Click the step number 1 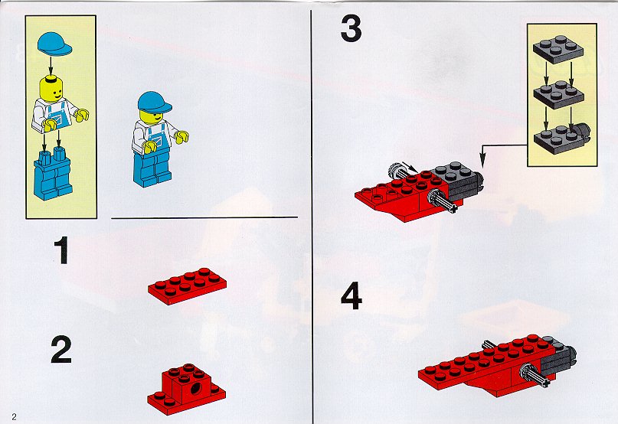click(x=61, y=250)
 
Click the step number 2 click(x=61, y=350)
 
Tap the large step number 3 click(x=351, y=29)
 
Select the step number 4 click(x=352, y=295)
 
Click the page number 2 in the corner click(x=15, y=417)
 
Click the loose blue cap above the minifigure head click(x=54, y=44)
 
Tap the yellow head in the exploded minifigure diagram click(x=51, y=89)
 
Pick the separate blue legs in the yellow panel click(x=52, y=174)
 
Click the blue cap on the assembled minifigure click(x=154, y=103)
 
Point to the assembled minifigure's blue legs click(x=152, y=168)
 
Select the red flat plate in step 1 click(x=187, y=286)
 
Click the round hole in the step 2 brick click(x=195, y=389)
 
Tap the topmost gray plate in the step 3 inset click(x=558, y=49)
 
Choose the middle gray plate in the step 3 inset click(x=558, y=95)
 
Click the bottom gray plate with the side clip click(x=561, y=139)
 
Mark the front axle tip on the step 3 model click(x=456, y=208)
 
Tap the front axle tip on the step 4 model click(x=545, y=382)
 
